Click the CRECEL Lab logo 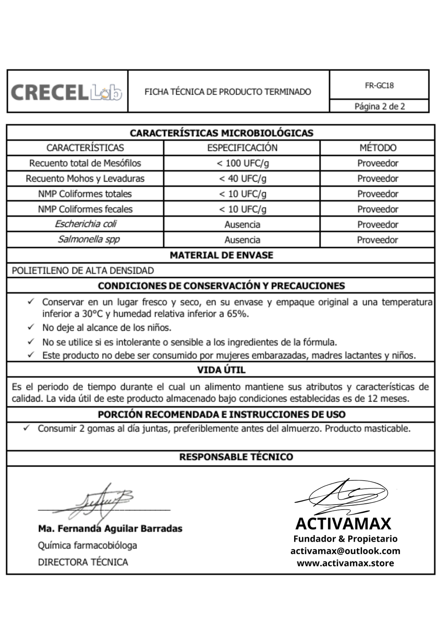(x=67, y=92)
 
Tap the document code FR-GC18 (x=379, y=85)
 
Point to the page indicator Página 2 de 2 (x=380, y=106)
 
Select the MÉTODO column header (x=378, y=147)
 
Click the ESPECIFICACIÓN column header (x=242, y=147)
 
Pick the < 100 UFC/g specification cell (x=242, y=163)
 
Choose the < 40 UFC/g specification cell (x=242, y=178)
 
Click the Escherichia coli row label (x=85, y=224)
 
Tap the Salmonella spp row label (x=88, y=240)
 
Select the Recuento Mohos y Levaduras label (x=85, y=178)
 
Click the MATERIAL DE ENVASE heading (x=221, y=255)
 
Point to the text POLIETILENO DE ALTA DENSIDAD (x=83, y=270)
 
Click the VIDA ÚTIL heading (x=221, y=370)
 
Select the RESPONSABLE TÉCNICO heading (x=236, y=457)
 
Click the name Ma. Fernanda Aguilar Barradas (x=110, y=528)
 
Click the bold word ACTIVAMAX (x=343, y=523)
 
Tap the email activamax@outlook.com (x=345, y=551)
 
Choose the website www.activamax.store (x=345, y=563)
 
